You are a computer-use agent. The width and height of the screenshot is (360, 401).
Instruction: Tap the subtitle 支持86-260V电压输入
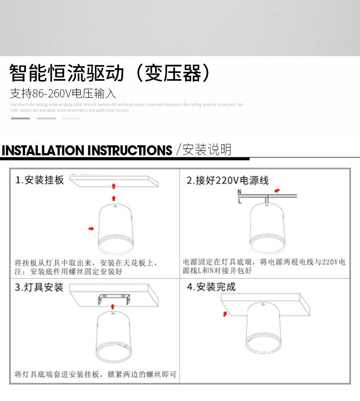tap(63, 94)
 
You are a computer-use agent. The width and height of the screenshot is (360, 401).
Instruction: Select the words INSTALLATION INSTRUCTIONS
tap(87, 150)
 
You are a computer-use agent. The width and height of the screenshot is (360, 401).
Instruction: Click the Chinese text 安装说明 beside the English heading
tap(207, 150)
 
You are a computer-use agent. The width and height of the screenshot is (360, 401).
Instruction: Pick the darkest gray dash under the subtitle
tap(20, 118)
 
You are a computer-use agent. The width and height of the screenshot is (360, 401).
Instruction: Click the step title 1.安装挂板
tap(40, 180)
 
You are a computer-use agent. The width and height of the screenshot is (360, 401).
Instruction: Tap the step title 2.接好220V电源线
tap(228, 180)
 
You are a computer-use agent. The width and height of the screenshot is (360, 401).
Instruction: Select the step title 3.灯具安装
tap(39, 287)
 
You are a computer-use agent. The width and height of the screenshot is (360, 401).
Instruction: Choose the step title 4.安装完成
tap(211, 287)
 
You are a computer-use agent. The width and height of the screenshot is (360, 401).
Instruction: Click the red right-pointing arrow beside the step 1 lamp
tap(91, 229)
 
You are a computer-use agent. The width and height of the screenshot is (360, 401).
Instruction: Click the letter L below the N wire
tap(240, 201)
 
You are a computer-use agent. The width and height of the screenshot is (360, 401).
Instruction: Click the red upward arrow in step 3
tap(113, 306)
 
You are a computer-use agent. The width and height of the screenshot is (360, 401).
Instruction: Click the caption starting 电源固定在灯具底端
tap(264, 267)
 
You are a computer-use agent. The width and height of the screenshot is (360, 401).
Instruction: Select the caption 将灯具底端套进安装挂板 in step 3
tap(96, 374)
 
